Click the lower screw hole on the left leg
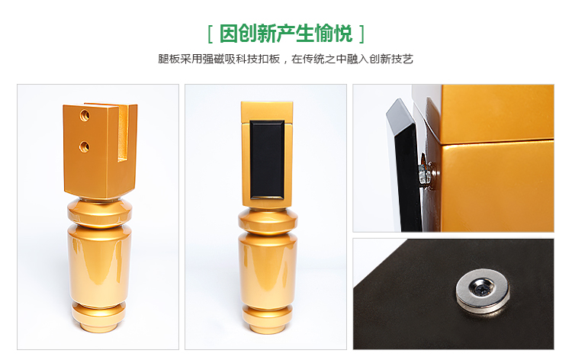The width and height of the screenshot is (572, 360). coord(85,146)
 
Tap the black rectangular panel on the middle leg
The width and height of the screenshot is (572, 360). coord(267,159)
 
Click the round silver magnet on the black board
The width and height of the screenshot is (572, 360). coord(482,290)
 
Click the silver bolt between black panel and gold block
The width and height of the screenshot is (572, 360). coord(425,173)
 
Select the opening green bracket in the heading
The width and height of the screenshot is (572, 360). coord(210,34)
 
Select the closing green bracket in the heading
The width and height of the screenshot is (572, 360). coord(362,34)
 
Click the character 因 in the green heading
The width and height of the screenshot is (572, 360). coord(228,34)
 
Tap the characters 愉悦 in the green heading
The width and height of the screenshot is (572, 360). coord(333,34)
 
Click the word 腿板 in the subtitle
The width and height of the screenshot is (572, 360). coord(169,59)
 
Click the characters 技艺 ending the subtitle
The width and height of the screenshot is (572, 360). coord(402,59)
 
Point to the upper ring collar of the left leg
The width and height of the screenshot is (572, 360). coord(100,213)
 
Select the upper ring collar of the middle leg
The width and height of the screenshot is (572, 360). coord(268,221)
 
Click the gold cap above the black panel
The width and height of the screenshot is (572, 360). coord(267,111)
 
